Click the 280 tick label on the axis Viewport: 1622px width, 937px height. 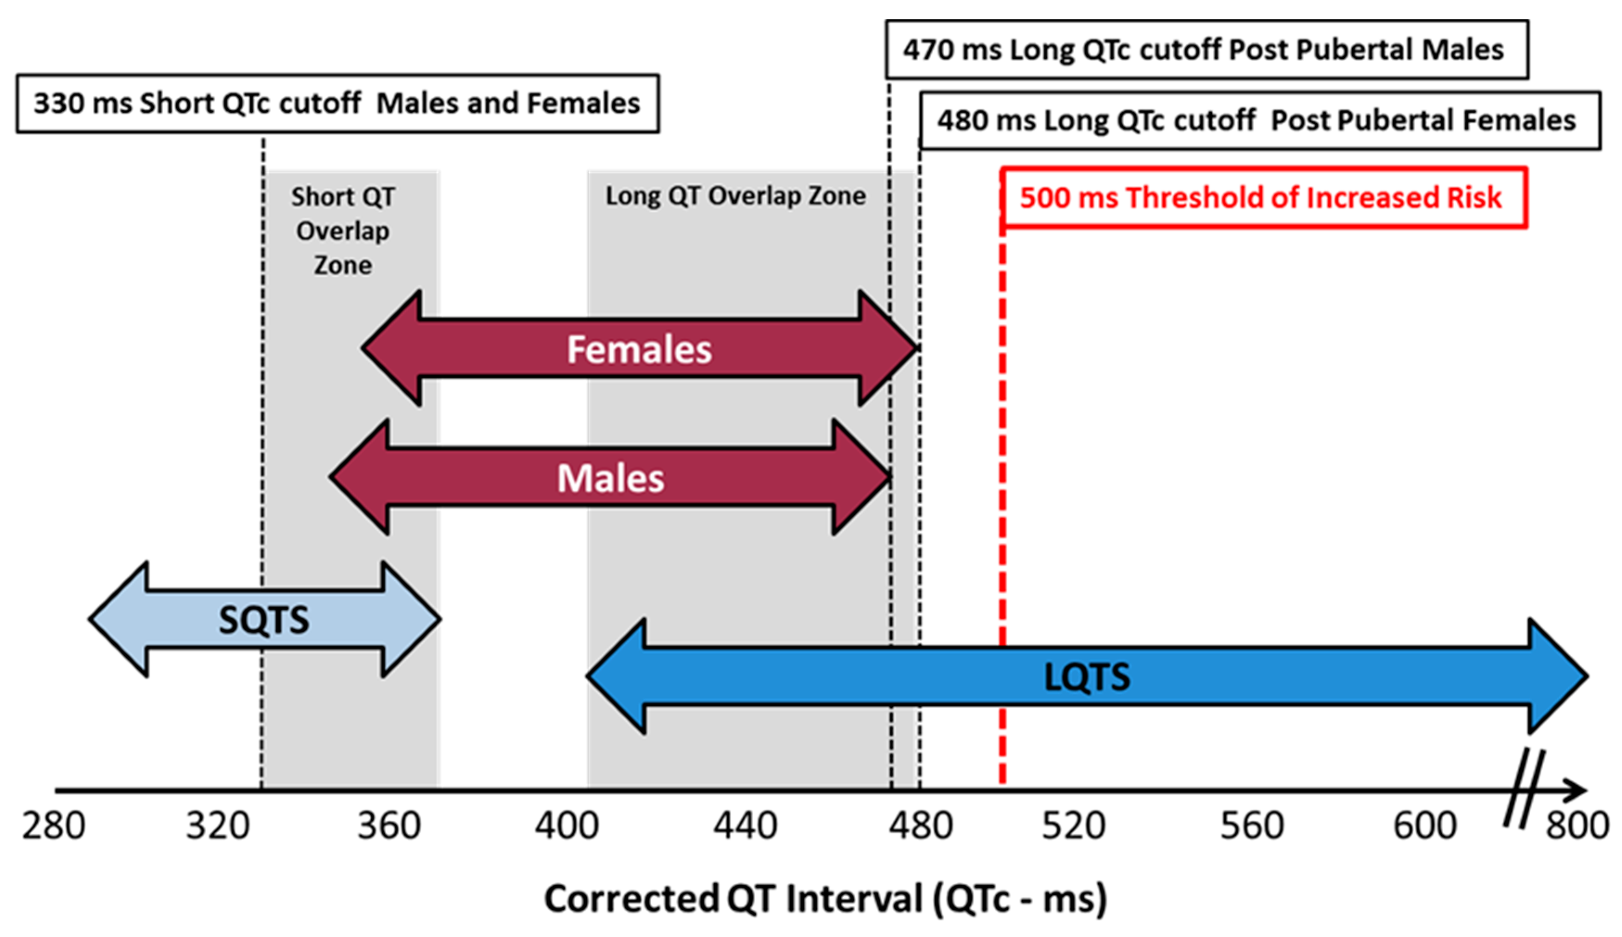(x=54, y=826)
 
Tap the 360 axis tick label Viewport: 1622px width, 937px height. (x=389, y=826)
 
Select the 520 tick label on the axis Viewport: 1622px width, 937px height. (x=1074, y=826)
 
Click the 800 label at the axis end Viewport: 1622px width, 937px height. (x=1577, y=826)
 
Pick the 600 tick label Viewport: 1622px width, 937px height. (x=1425, y=826)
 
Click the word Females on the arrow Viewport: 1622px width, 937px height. (x=639, y=349)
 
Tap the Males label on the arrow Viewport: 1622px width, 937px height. (x=610, y=478)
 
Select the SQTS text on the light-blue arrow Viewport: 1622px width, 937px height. (x=264, y=620)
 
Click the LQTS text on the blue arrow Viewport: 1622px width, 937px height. (x=1087, y=677)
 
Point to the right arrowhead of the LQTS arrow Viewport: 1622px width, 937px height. (x=1558, y=677)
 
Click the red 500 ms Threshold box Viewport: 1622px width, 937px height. (x=1263, y=197)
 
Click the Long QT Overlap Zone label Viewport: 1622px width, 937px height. (x=736, y=196)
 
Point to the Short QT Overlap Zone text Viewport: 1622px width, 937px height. (x=343, y=230)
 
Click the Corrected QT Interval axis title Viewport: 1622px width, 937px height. (x=825, y=899)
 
